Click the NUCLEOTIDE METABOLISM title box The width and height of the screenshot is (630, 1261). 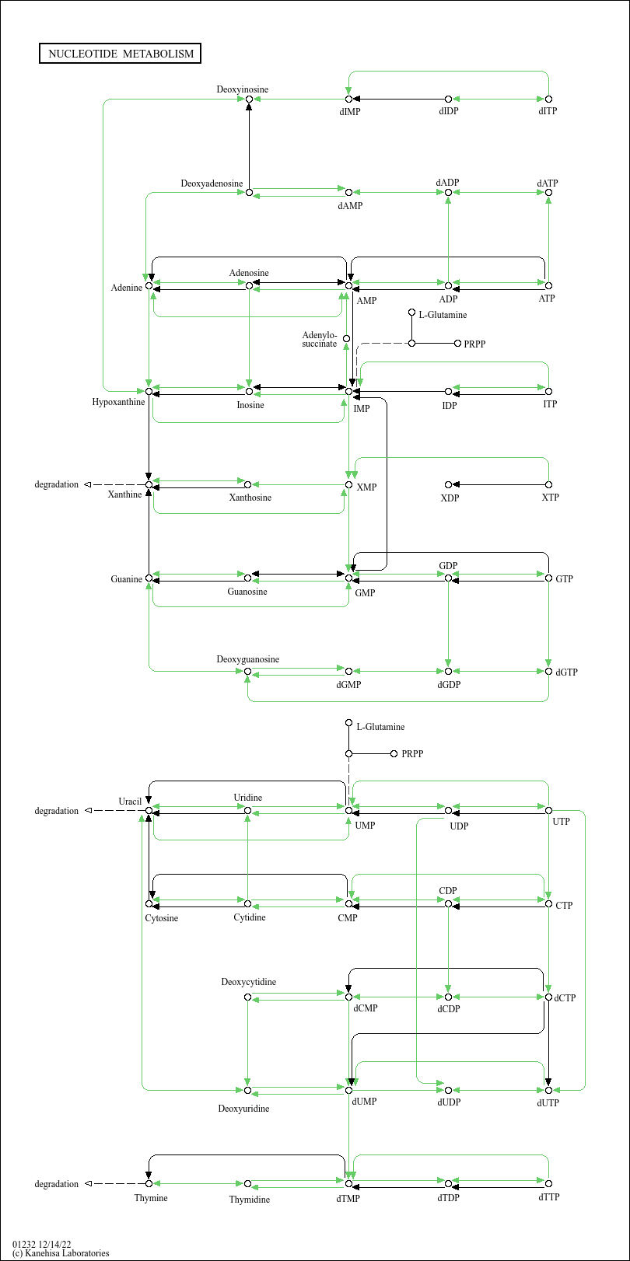(120, 54)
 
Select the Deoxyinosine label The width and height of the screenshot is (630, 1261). (242, 89)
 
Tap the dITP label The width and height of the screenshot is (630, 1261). (548, 111)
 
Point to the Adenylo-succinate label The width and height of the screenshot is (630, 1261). (319, 340)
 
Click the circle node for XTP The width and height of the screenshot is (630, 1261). (549, 484)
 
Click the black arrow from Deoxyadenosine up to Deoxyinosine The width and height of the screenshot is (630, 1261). (249, 146)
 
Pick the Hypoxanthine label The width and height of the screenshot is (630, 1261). (118, 402)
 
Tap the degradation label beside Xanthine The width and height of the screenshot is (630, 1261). (56, 484)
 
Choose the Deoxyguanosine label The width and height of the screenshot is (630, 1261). (247, 659)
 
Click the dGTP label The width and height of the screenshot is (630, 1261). (566, 672)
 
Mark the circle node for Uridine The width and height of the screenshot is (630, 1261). (247, 811)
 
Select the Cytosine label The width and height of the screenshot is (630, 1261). (162, 918)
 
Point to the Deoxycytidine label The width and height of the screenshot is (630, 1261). (248, 982)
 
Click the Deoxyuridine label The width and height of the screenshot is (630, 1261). (243, 1109)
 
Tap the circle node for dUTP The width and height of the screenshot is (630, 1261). (549, 1091)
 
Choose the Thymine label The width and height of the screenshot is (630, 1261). (151, 1198)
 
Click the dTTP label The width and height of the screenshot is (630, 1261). (549, 1196)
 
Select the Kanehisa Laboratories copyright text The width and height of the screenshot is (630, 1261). (61, 1253)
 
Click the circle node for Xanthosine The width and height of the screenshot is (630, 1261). (247, 484)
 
